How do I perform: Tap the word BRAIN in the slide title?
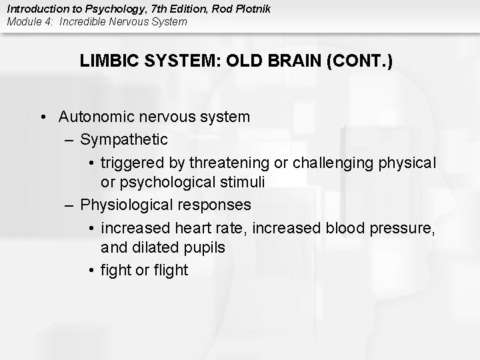click(x=291, y=61)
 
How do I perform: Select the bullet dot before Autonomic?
click(x=42, y=117)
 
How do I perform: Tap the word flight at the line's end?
click(x=170, y=269)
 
